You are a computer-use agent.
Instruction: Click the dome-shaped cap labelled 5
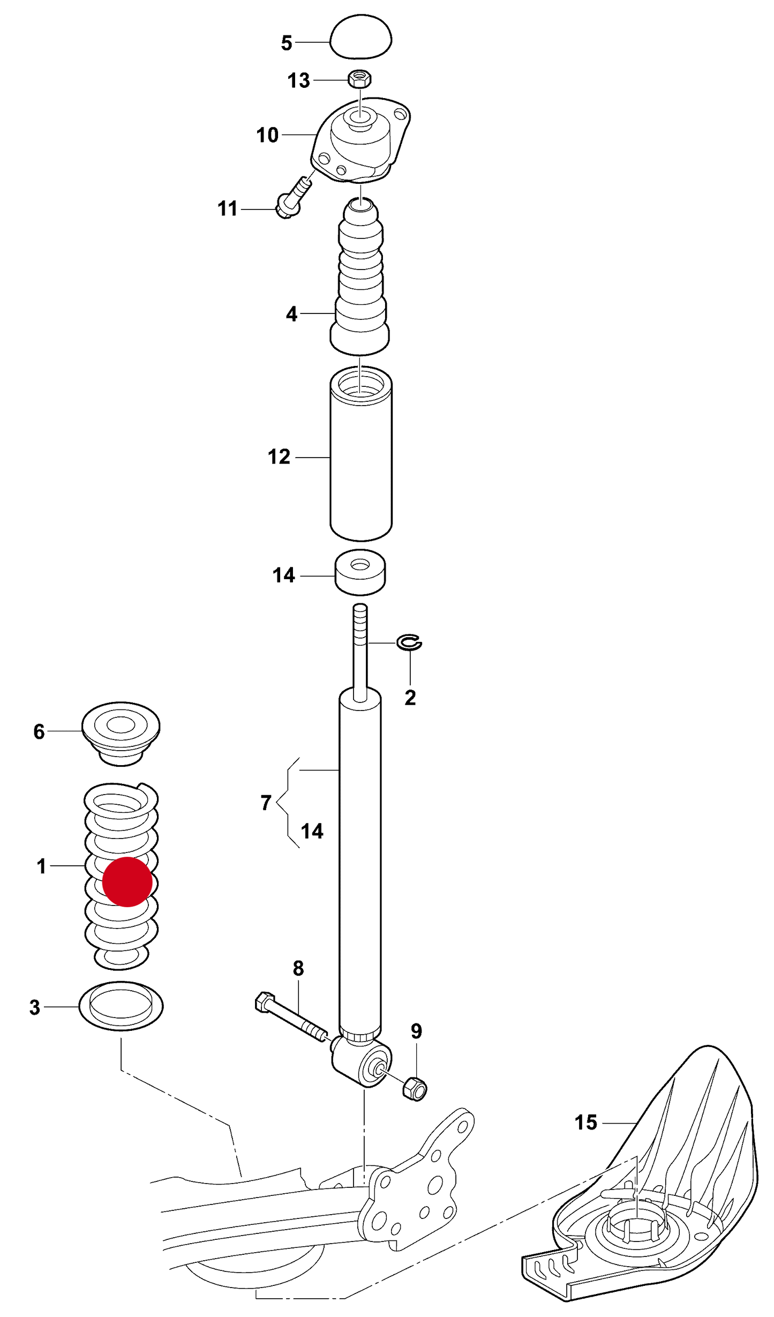tap(360, 38)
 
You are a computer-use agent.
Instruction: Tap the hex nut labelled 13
tap(360, 79)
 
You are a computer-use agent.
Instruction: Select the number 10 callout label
tap(267, 135)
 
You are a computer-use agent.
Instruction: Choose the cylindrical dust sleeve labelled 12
tap(361, 455)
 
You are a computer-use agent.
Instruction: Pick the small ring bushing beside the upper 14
tap(360, 572)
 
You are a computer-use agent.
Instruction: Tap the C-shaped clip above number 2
tap(409, 642)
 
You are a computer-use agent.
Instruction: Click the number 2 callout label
tap(410, 698)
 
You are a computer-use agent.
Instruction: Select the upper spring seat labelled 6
tap(121, 731)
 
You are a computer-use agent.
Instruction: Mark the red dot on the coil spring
tap(127, 881)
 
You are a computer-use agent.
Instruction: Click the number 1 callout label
tap(42, 866)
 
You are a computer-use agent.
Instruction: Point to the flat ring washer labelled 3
tap(121, 1006)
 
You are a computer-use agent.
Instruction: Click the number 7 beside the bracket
tap(266, 802)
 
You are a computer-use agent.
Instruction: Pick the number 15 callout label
tap(585, 1123)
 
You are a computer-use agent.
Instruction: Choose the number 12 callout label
tap(279, 457)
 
